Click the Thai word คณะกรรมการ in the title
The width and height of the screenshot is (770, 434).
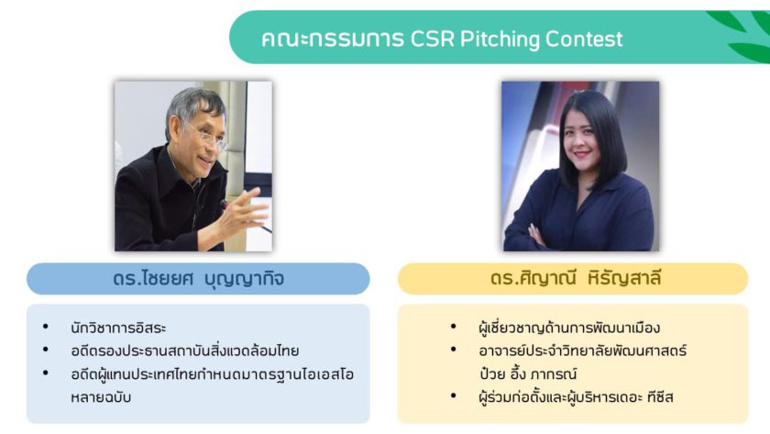point(333,39)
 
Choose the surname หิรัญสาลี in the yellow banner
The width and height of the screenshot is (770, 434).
point(623,279)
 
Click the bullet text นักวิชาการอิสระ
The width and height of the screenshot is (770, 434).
point(118,328)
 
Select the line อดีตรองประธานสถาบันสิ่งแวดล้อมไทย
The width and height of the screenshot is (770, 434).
point(184,351)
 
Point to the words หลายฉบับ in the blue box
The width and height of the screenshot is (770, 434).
point(101,397)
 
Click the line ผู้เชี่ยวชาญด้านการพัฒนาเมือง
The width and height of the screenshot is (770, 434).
point(569,328)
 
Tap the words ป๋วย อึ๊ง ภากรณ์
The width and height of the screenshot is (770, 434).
point(528,373)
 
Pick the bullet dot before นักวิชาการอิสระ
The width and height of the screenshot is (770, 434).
point(46,327)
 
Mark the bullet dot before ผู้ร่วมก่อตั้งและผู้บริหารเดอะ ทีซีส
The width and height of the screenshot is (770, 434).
point(453,395)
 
